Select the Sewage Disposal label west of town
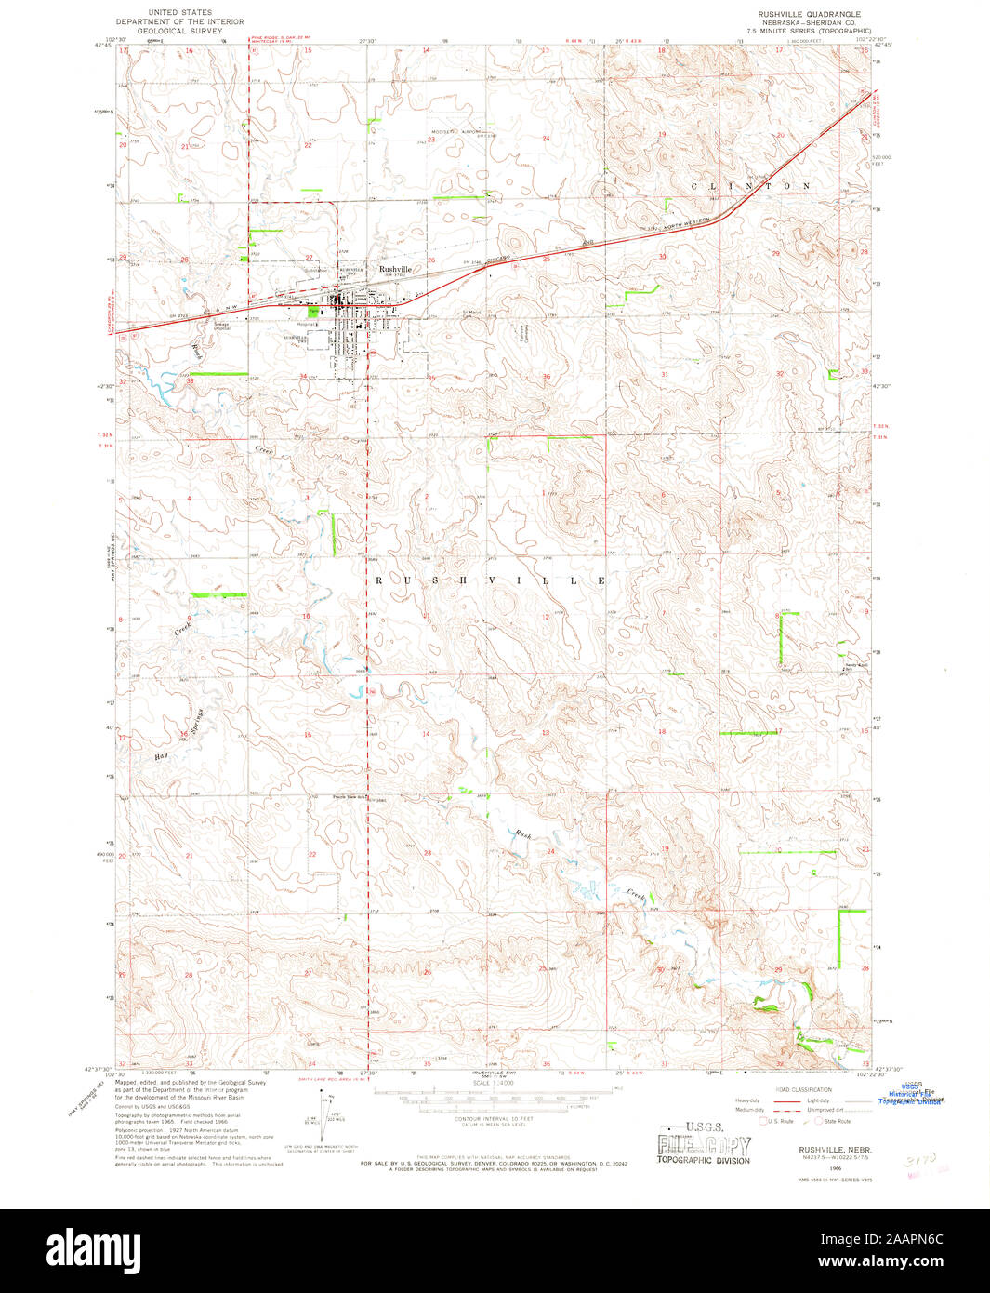coord(222,326)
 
